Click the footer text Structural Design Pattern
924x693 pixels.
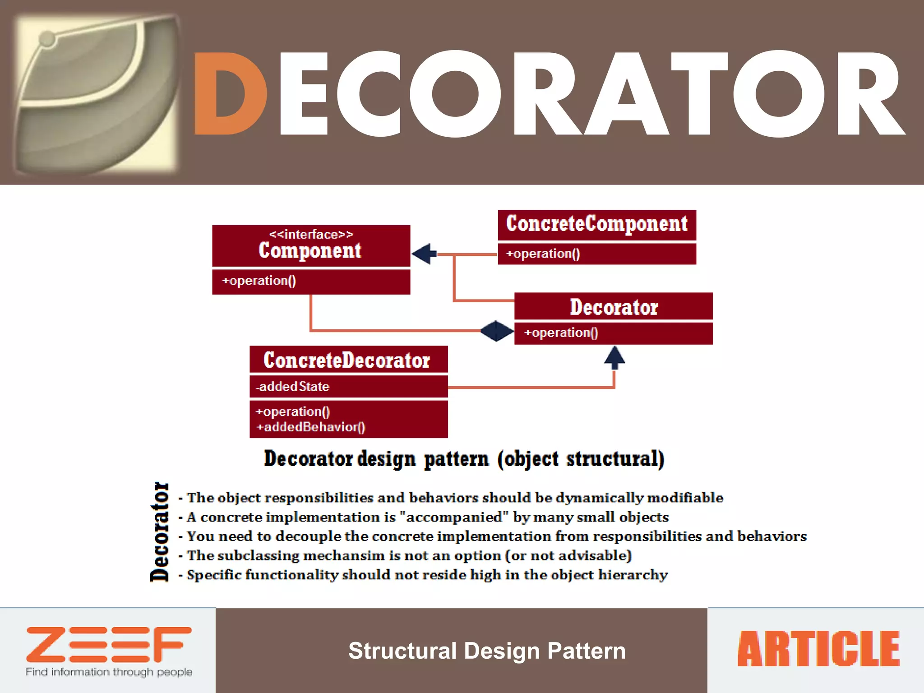point(487,651)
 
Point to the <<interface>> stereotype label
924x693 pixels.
point(311,234)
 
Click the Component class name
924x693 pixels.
point(310,251)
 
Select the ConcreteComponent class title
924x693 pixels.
point(596,224)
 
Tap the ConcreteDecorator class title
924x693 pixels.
point(346,360)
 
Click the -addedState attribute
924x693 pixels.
point(293,387)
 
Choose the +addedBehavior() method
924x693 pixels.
point(311,427)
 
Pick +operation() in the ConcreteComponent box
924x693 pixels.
point(543,254)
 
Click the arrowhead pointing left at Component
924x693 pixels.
point(424,254)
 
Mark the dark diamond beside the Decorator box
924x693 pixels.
point(496,331)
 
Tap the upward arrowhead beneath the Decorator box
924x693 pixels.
point(614,357)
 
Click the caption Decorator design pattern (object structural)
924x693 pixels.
point(464,459)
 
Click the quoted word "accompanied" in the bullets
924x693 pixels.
point(454,517)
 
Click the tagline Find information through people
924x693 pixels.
point(109,672)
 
